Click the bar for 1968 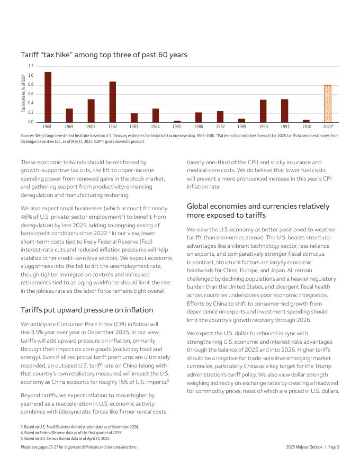click(x=48, y=97)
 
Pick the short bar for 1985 click(x=177, y=121)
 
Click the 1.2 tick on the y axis click(x=30, y=66)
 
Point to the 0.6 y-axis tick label click(x=30, y=94)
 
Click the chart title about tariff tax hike click(x=104, y=55)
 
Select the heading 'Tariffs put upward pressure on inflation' click(x=86, y=310)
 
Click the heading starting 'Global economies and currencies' click(x=258, y=211)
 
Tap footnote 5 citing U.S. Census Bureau click(x=65, y=438)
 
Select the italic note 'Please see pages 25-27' click(x=78, y=447)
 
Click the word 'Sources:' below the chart click(x=28, y=136)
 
